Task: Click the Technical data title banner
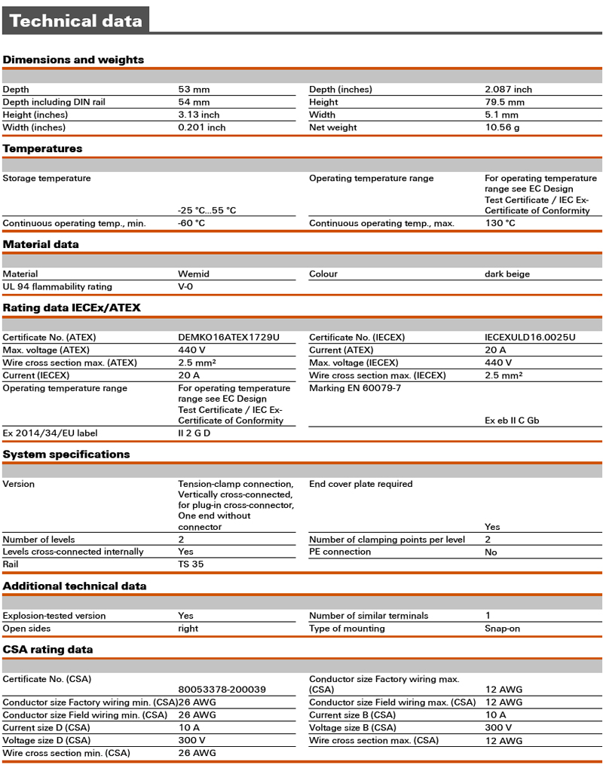click(75, 20)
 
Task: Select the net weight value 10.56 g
click(502, 127)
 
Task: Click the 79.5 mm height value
click(504, 102)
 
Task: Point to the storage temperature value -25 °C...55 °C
click(207, 210)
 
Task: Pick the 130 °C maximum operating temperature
click(500, 223)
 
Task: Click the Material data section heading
click(41, 244)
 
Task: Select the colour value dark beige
click(507, 274)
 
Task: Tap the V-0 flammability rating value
click(185, 286)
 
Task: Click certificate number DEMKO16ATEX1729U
click(228, 337)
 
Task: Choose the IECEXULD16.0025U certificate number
click(530, 337)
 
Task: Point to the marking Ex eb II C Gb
click(512, 421)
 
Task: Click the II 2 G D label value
click(194, 433)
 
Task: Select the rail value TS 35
click(191, 564)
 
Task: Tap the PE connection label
click(340, 552)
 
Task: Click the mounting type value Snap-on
click(502, 628)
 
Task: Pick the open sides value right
click(188, 628)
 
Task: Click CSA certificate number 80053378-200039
click(223, 689)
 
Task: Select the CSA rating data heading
click(48, 649)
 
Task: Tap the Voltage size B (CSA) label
click(352, 727)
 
